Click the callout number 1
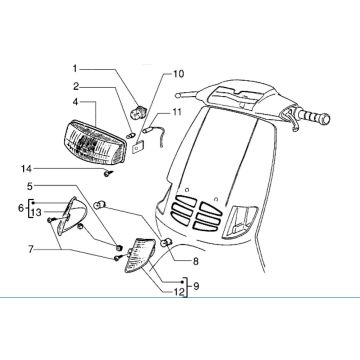74,67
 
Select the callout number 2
74,87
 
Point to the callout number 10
180,74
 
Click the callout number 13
36,213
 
